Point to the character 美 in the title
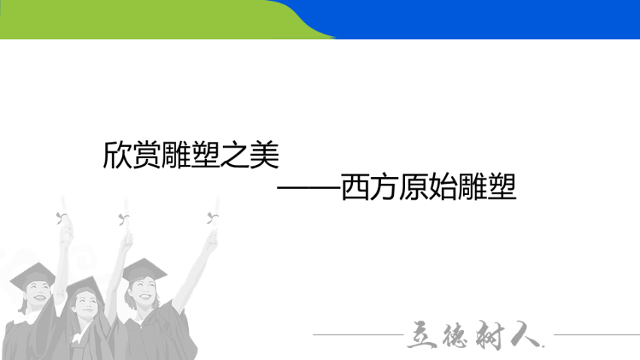[264, 154]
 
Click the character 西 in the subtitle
[355, 187]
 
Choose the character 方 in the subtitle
[385, 187]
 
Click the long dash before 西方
[309, 188]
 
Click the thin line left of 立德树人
[358, 334]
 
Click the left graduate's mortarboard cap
[32, 275]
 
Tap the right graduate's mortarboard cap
[144, 270]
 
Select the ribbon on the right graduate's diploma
[212, 218]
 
